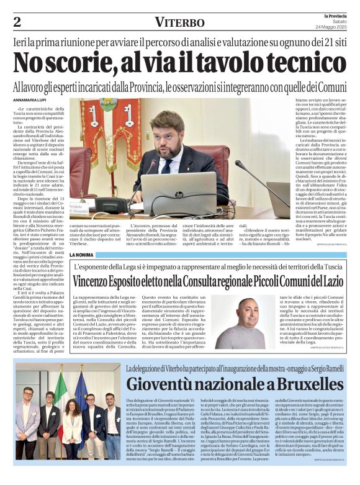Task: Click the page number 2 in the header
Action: click(17, 22)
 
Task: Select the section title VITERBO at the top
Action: click(179, 23)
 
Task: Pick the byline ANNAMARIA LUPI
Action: click(32, 101)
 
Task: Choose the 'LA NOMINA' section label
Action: click(83, 255)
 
